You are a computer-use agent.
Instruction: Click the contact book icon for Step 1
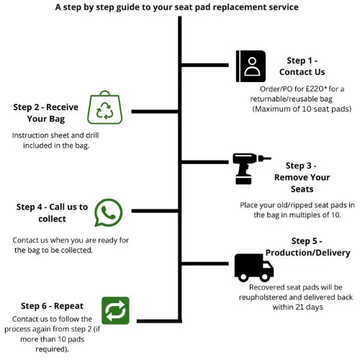coord(251,66)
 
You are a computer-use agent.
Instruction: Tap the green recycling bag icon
coord(105,107)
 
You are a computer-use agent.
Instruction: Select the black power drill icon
coord(251,168)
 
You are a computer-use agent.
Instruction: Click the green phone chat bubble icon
coord(109,212)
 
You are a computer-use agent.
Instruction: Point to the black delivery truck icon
coord(254,268)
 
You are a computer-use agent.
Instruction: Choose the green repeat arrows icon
coord(115,310)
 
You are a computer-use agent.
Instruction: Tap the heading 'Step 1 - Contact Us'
coord(302,66)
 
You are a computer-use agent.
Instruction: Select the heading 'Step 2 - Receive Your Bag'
coord(46,113)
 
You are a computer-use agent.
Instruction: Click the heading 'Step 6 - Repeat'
coord(52,306)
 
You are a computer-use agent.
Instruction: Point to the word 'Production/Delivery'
coord(308,253)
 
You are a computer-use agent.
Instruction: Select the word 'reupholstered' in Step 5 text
coord(263,297)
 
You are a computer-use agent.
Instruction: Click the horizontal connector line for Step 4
coord(155,211)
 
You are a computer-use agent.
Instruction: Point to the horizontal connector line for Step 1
coord(205,65)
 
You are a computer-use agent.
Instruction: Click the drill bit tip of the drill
coord(271,158)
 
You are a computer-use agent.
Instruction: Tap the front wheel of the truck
coord(265,277)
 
